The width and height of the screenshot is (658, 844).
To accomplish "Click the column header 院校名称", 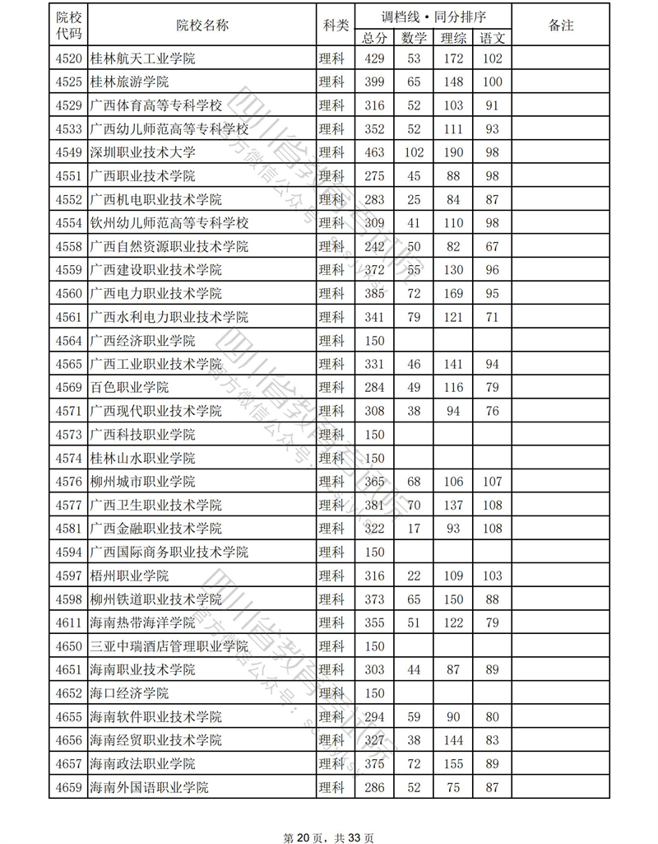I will pyautogui.click(x=202, y=26).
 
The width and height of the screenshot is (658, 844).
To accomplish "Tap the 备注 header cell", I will pyautogui.click(x=560, y=26).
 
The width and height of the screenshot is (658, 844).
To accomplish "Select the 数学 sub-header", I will pyautogui.click(x=414, y=38).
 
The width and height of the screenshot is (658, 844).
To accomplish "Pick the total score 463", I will pyautogui.click(x=374, y=152).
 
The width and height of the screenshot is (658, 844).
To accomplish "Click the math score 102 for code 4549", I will pyautogui.click(x=414, y=152).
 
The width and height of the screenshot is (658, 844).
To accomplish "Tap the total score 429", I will pyautogui.click(x=374, y=58).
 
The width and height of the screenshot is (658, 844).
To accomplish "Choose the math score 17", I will pyautogui.click(x=414, y=528).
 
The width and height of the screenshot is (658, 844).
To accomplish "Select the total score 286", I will pyautogui.click(x=374, y=787).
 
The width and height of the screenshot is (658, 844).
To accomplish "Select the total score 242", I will pyautogui.click(x=374, y=246).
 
